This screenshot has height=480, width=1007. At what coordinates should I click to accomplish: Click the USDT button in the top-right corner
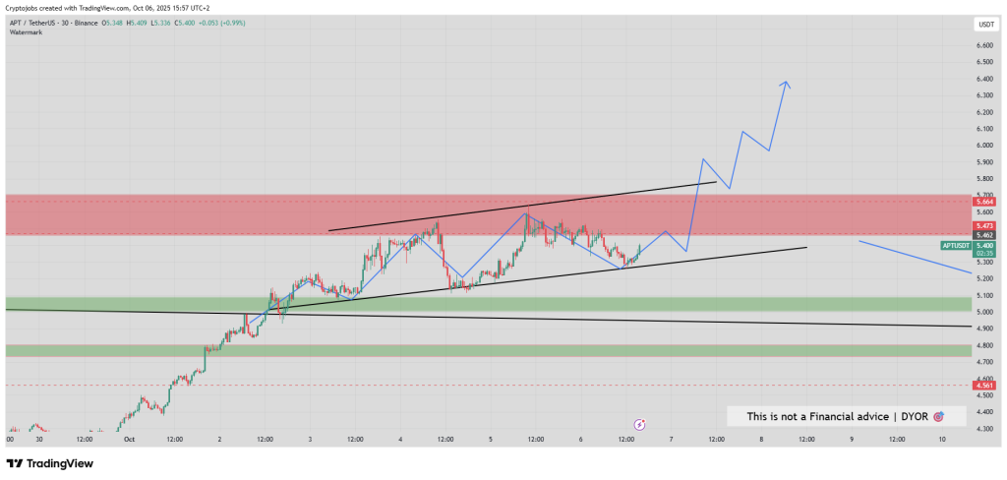point(985,24)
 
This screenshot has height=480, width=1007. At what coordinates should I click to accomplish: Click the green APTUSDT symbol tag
point(957,244)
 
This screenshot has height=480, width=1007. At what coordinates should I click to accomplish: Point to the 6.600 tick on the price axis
point(984,45)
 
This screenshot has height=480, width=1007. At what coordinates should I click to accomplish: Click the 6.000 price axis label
point(984,145)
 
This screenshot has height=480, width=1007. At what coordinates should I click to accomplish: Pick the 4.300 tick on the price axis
point(984,428)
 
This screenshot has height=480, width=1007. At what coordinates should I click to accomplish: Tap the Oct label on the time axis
point(128,440)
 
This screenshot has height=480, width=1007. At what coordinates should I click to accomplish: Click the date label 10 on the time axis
point(941,440)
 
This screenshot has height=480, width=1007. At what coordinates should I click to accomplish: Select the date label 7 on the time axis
point(671,440)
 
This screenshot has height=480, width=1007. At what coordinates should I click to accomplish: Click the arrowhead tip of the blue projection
point(786,82)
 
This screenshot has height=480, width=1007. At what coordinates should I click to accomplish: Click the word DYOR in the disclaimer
point(914,416)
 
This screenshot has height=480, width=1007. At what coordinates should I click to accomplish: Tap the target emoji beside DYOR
point(938,416)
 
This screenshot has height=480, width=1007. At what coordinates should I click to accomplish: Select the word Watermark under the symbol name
point(27,32)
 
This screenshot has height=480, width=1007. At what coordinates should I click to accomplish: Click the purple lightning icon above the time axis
point(639,424)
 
